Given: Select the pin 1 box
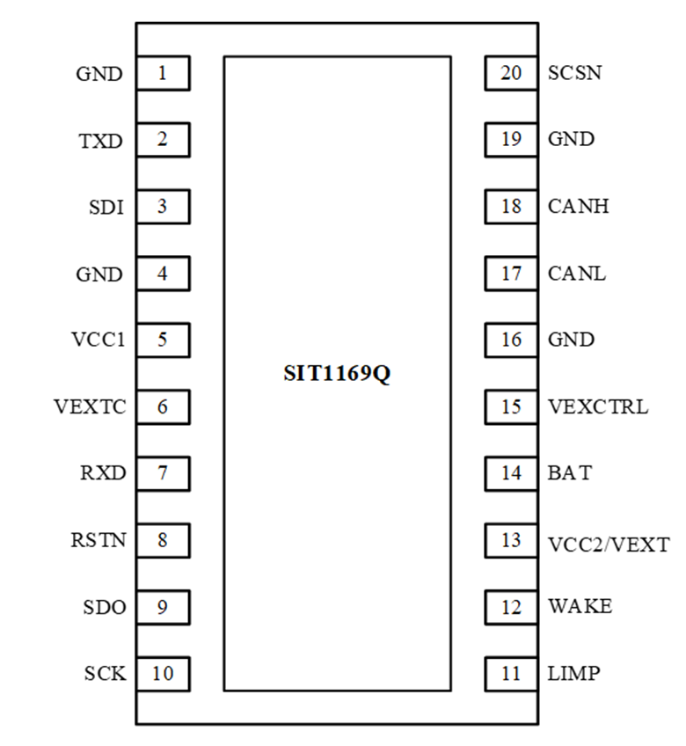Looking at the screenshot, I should point(163,73).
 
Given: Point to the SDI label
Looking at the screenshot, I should point(106,208).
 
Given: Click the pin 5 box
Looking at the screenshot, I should point(163,340).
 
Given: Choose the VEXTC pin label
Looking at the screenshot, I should point(90,407).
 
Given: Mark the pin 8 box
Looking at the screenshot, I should point(163,541).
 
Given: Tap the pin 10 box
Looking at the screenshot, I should point(163,675).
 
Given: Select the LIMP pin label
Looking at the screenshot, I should point(573,675).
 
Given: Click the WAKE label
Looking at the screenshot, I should point(580,607).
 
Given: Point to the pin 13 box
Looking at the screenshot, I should point(511,541).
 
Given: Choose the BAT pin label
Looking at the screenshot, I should point(569,474).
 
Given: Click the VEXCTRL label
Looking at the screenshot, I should point(597,407).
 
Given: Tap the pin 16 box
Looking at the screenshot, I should point(511,340).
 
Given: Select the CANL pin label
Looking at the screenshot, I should point(576,274).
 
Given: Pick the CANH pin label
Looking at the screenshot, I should point(578,208).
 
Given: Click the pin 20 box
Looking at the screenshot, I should point(511,73).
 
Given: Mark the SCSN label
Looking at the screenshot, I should point(574,73).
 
